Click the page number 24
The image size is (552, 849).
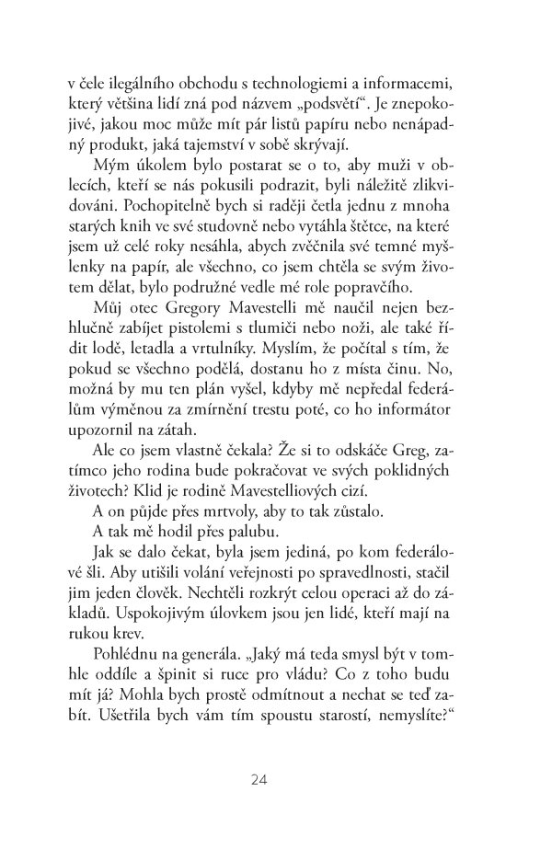[x=258, y=780]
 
